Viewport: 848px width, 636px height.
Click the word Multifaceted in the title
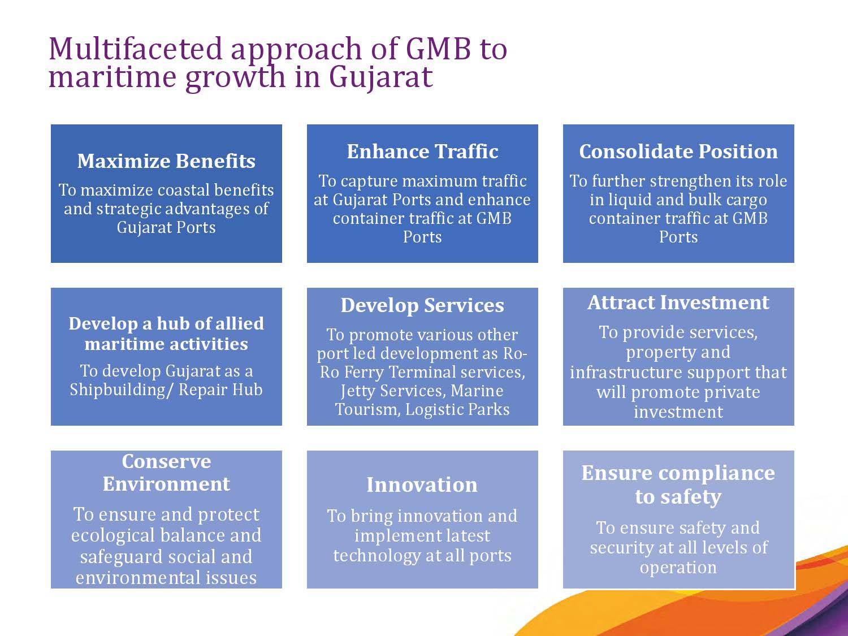pyautogui.click(x=136, y=49)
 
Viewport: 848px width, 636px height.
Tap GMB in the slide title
pyautogui.click(x=439, y=49)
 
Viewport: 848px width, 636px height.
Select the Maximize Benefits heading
pyautogui.click(x=166, y=161)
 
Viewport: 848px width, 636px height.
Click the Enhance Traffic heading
pyautogui.click(x=422, y=151)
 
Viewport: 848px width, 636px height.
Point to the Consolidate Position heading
pyautogui.click(x=678, y=151)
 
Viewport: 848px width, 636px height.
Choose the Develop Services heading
pyautogui.click(x=422, y=305)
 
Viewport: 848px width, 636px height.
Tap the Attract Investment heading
pyautogui.click(x=678, y=302)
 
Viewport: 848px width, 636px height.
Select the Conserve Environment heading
pyautogui.click(x=166, y=472)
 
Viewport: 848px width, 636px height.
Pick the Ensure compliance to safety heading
pyautogui.click(x=678, y=484)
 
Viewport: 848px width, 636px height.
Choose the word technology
pyautogui.click(x=377, y=556)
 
